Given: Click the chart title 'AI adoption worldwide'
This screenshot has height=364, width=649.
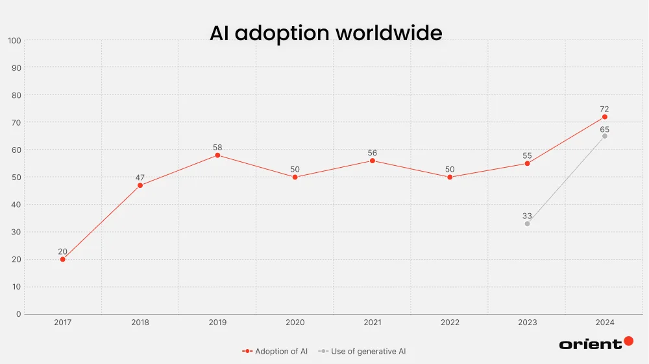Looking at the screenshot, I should (x=326, y=32).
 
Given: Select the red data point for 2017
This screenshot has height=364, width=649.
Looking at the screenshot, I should (x=63, y=259).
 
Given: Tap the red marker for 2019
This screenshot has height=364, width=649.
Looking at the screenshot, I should (x=217, y=155).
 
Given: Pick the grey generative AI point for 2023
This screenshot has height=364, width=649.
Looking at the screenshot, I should (x=527, y=223).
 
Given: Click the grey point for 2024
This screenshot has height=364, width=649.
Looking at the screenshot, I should (x=604, y=136).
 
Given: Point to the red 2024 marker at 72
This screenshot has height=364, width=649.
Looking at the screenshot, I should (x=604, y=117).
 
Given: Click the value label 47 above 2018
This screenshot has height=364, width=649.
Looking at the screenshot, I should (x=140, y=177).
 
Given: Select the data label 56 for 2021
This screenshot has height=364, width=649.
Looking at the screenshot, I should (x=372, y=153).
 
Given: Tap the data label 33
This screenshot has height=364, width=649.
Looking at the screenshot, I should (x=527, y=216).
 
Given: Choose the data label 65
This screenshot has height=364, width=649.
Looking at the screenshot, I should (x=604, y=129).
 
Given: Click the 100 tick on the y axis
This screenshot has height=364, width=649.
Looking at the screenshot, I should (x=14, y=40).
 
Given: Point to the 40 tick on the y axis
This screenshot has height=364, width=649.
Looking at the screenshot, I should (x=16, y=205).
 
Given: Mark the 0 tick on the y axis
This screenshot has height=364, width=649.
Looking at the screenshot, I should (x=18, y=314).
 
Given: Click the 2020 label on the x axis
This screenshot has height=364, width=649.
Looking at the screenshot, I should (x=295, y=323).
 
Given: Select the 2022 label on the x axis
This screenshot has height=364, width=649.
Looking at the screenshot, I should (x=450, y=323).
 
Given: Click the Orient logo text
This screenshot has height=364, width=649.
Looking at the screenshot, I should (x=590, y=344).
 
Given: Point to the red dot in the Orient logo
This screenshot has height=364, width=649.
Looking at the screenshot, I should (x=628, y=341).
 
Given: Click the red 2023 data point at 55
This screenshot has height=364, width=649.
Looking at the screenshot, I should (x=527, y=163).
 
